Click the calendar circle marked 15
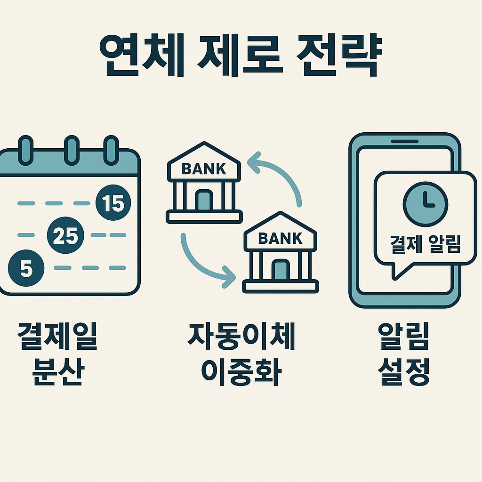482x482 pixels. (x=113, y=203)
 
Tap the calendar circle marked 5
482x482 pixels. (x=26, y=267)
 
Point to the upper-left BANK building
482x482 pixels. (x=204, y=184)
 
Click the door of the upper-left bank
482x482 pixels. (x=204, y=200)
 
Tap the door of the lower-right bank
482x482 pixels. (x=281, y=270)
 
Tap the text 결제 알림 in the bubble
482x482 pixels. (x=426, y=244)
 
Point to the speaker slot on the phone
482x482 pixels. (x=404, y=141)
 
